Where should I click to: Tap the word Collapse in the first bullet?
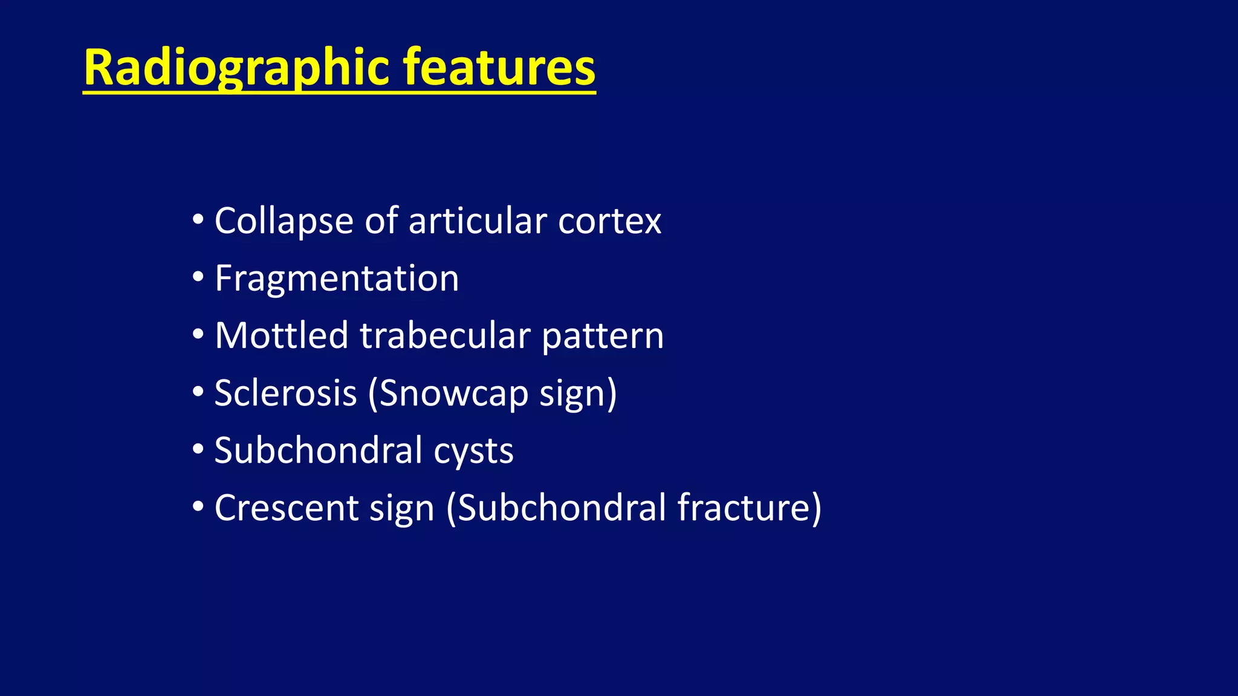[x=283, y=221]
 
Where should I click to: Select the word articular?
[x=478, y=221]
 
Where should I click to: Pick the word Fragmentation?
[x=337, y=279]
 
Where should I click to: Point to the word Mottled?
[x=282, y=336]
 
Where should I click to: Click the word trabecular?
[x=445, y=336]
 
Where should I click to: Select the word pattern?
[x=603, y=336]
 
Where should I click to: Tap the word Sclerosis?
[x=286, y=393]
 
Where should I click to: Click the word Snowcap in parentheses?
[x=448, y=393]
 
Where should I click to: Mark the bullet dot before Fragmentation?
[x=198, y=279]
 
